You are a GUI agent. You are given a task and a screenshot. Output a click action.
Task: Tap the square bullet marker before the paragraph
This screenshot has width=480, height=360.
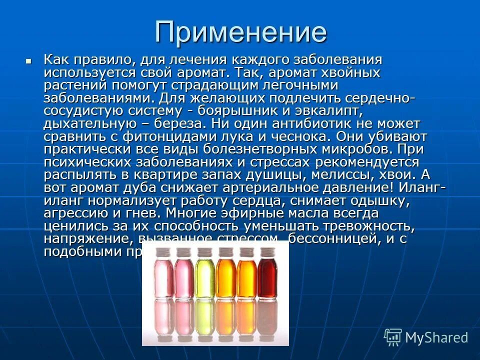(28, 60)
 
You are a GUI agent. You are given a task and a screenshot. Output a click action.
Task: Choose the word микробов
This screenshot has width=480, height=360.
(357, 149)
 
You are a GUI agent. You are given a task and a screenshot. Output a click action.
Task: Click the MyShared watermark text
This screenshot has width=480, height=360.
(436, 337)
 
